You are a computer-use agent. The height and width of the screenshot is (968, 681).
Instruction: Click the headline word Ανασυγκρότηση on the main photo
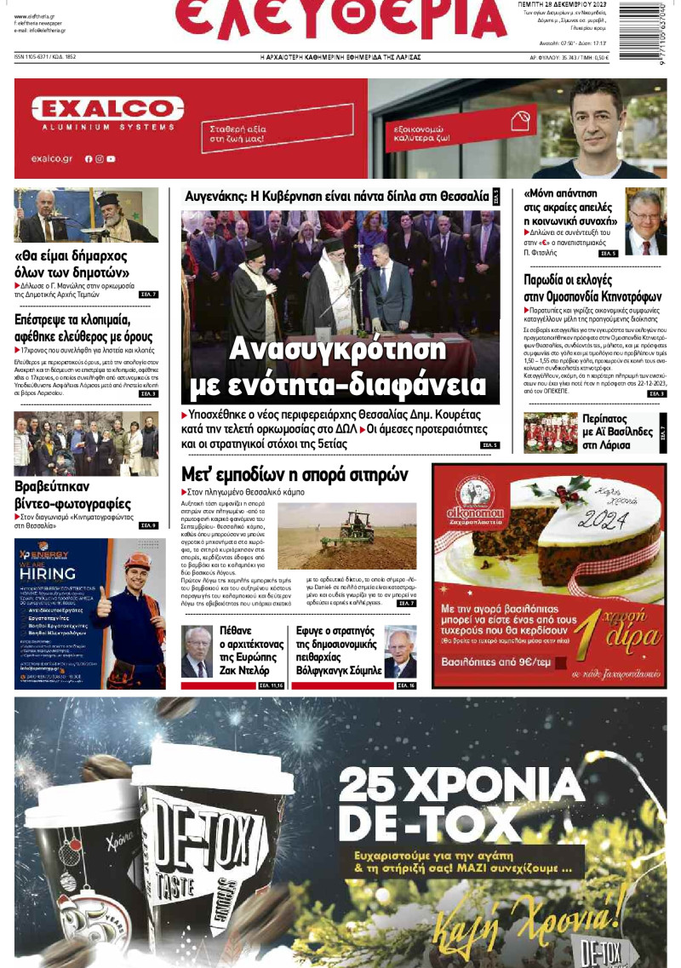click(338, 350)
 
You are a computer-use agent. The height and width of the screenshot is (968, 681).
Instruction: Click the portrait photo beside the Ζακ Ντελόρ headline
click(197, 652)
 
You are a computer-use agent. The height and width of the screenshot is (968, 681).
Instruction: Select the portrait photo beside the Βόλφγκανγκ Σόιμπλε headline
click(400, 651)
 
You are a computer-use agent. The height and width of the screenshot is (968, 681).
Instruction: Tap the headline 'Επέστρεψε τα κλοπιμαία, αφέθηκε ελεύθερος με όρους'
click(85, 329)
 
